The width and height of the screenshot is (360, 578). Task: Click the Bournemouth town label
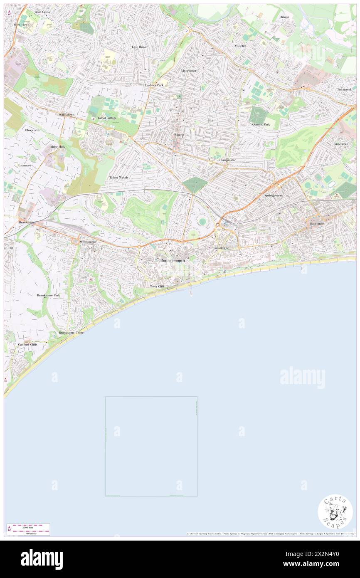point(172,260)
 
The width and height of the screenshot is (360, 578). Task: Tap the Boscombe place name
point(319,224)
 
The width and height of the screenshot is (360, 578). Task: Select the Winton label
point(179,135)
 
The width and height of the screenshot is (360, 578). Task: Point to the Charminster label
point(227,160)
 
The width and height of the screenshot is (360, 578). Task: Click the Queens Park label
point(261,124)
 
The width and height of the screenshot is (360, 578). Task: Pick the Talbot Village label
point(107,118)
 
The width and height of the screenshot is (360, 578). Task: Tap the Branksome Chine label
point(71,333)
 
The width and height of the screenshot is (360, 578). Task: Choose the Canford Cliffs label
point(27,345)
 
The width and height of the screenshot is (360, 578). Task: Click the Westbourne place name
point(88,242)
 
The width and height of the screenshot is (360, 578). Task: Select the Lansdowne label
point(221,248)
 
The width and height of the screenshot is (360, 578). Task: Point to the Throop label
point(284,17)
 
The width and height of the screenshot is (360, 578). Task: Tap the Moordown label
point(188,71)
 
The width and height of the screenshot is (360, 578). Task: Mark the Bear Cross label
point(42,12)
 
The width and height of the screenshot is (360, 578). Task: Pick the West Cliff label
point(157,287)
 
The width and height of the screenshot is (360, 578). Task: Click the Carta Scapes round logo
point(335,511)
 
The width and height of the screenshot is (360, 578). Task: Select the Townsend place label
point(344,89)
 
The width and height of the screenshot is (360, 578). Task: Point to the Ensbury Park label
point(154,85)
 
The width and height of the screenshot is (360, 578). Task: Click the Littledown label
point(341,144)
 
